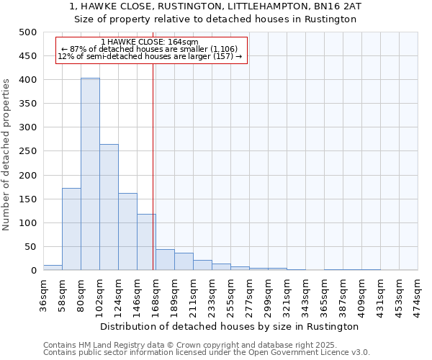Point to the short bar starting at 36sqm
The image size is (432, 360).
coord(53,268)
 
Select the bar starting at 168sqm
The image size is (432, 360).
coord(165,260)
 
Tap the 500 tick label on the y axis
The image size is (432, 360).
coord(27,32)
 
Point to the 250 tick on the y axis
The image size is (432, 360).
coord(27,151)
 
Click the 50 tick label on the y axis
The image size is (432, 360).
coord(30,247)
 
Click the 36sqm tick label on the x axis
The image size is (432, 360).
coord(43,293)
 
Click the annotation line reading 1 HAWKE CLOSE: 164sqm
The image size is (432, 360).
coord(150,42)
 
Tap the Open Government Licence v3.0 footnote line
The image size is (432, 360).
coord(206,353)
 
